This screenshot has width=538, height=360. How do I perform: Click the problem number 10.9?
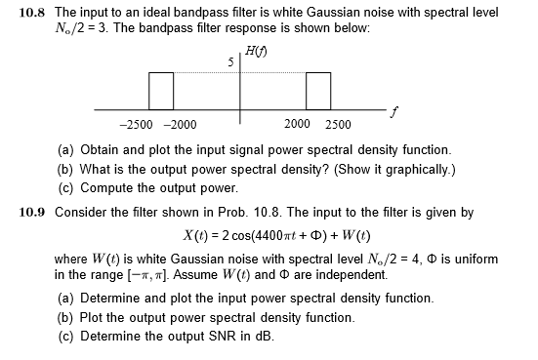[x=34, y=212]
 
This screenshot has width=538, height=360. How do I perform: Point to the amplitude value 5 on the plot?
[x=230, y=63]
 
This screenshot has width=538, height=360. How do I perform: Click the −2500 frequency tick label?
[x=135, y=124]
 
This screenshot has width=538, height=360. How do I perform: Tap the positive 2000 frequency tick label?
[x=298, y=124]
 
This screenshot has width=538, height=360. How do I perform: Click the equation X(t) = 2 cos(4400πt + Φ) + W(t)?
[x=275, y=236]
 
